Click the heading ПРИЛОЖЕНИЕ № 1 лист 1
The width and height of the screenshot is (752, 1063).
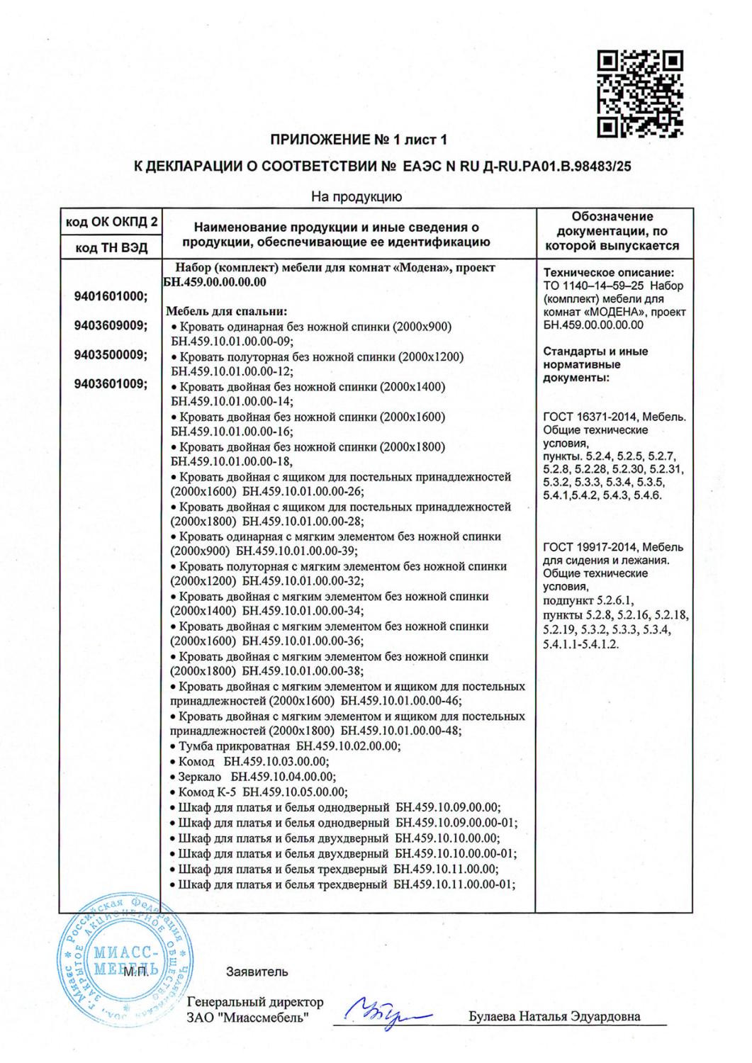tap(359, 140)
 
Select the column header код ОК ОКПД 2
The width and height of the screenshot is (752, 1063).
tap(111, 223)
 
